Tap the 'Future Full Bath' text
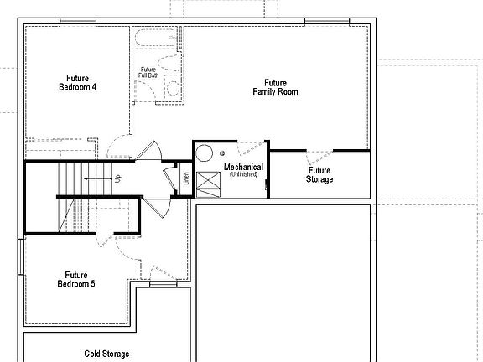[x=148, y=73]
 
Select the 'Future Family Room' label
[x=275, y=87]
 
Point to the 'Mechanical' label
[x=243, y=168]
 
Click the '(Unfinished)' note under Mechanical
[x=243, y=174]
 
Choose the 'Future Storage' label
[x=319, y=174]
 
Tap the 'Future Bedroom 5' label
[x=76, y=279]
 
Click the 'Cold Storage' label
[x=106, y=354]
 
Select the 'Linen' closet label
[x=185, y=178]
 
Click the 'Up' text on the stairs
[x=117, y=178]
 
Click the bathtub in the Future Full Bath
[x=156, y=38]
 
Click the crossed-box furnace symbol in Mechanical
[x=206, y=183]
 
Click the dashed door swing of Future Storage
[x=319, y=157]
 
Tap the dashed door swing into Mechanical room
[x=252, y=150]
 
